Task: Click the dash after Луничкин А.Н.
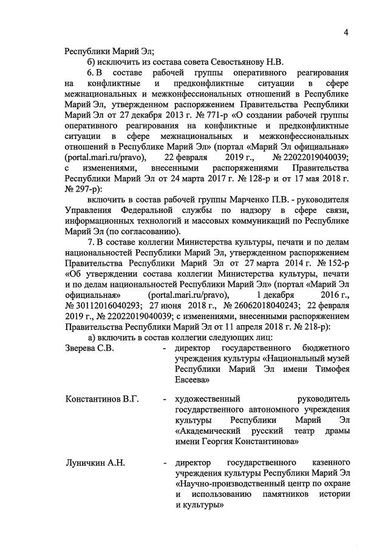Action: click(165, 463)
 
